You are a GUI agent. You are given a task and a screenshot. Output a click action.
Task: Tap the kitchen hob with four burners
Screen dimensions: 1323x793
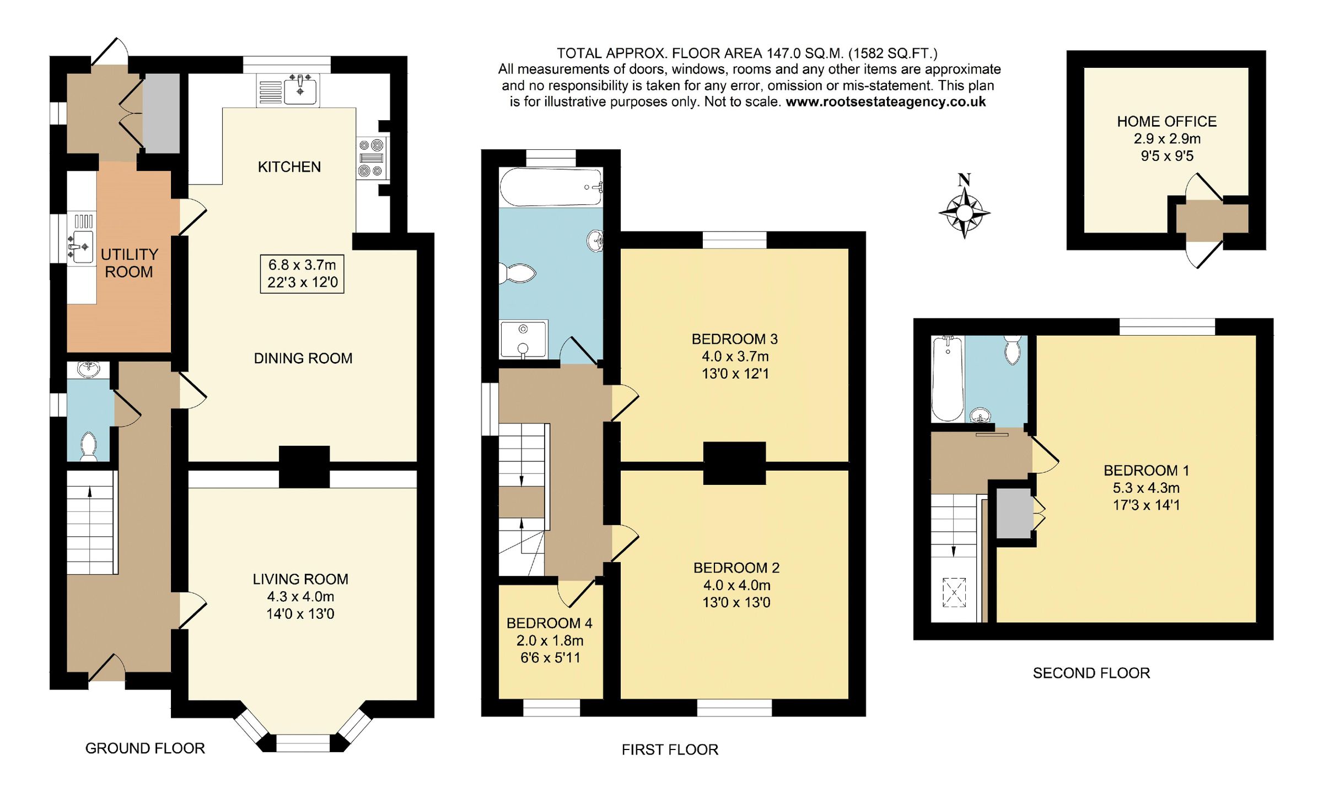click(x=371, y=158)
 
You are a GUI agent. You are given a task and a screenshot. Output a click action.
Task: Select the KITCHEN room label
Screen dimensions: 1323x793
click(x=289, y=167)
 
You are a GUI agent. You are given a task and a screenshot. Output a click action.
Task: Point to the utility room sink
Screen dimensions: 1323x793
click(x=81, y=246)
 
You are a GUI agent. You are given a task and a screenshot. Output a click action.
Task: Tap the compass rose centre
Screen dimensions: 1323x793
click(x=964, y=212)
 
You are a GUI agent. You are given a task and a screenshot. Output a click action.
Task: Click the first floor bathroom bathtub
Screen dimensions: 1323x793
click(x=551, y=187)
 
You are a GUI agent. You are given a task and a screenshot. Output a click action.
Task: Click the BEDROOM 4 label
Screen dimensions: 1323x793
click(x=549, y=623)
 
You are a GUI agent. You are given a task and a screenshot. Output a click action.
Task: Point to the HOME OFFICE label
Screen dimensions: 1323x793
click(x=1166, y=121)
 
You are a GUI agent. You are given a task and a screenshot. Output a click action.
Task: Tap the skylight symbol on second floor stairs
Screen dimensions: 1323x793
click(x=954, y=592)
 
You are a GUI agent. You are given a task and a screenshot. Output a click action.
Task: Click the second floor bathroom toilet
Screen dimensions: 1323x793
click(x=1013, y=349)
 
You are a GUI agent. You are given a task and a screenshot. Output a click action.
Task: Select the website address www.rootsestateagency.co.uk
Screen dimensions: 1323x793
click(x=885, y=102)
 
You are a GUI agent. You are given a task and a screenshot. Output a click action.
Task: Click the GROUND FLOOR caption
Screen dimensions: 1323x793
click(x=145, y=748)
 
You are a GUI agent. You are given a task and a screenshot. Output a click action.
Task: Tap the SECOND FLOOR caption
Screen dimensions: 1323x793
click(x=1091, y=673)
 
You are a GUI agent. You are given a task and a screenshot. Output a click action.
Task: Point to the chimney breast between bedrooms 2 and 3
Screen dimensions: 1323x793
click(x=734, y=463)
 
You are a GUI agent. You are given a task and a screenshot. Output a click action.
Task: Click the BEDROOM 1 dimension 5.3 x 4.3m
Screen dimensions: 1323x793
click(x=1146, y=488)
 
